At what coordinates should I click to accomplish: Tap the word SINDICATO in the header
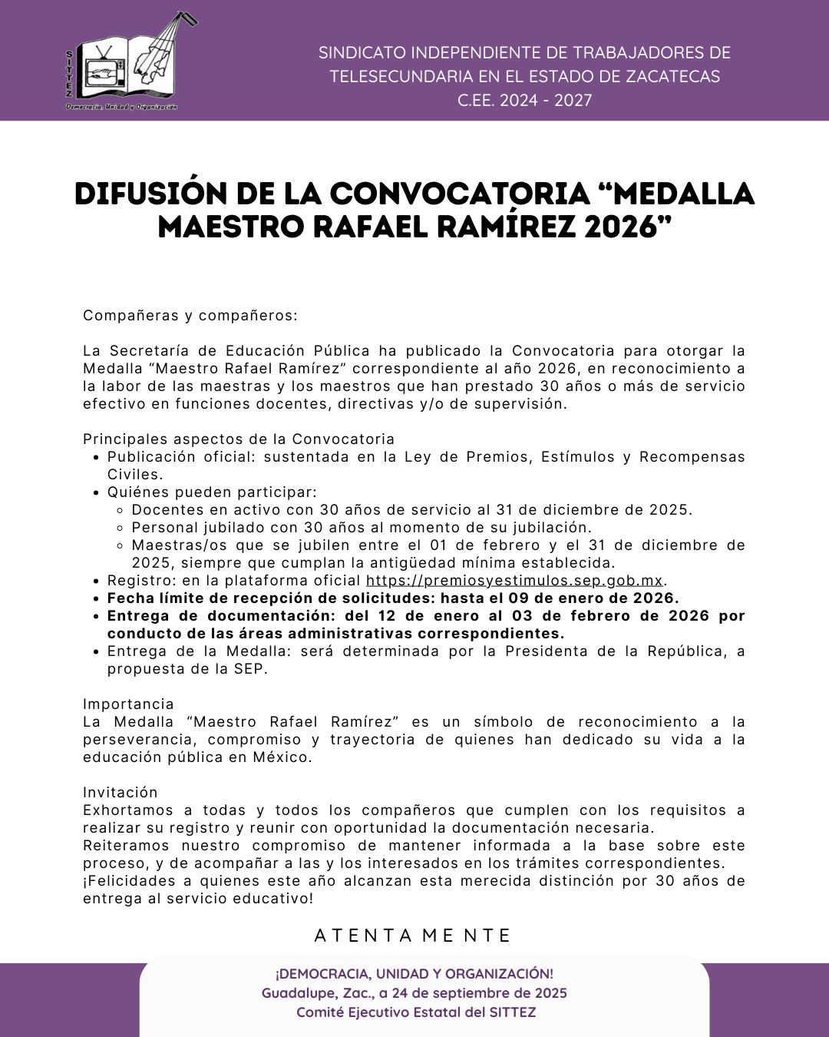[362, 53]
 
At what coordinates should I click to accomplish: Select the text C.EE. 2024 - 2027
[525, 100]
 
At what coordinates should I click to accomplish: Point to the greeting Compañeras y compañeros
[190, 316]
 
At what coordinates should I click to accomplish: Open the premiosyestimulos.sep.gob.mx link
[514, 581]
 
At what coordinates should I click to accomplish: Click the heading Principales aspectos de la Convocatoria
[239, 439]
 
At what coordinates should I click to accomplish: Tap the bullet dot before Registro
[95, 581]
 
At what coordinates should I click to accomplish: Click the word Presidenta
[552, 651]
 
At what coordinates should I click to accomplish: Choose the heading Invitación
[121, 793]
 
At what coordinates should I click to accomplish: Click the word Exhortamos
[128, 810]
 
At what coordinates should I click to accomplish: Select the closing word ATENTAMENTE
[413, 936]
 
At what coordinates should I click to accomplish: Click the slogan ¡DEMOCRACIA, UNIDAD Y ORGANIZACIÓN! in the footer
[414, 974]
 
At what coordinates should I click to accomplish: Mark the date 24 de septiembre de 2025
[479, 993]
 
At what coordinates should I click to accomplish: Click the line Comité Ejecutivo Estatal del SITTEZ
[416, 1012]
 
